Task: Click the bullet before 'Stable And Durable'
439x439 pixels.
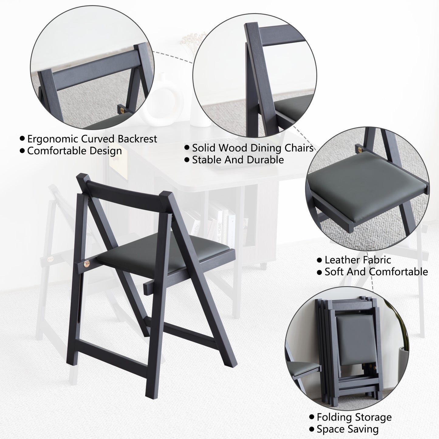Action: point(187,160)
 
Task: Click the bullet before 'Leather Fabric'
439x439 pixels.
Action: point(319,260)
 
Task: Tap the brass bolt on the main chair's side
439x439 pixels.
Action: point(87,264)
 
